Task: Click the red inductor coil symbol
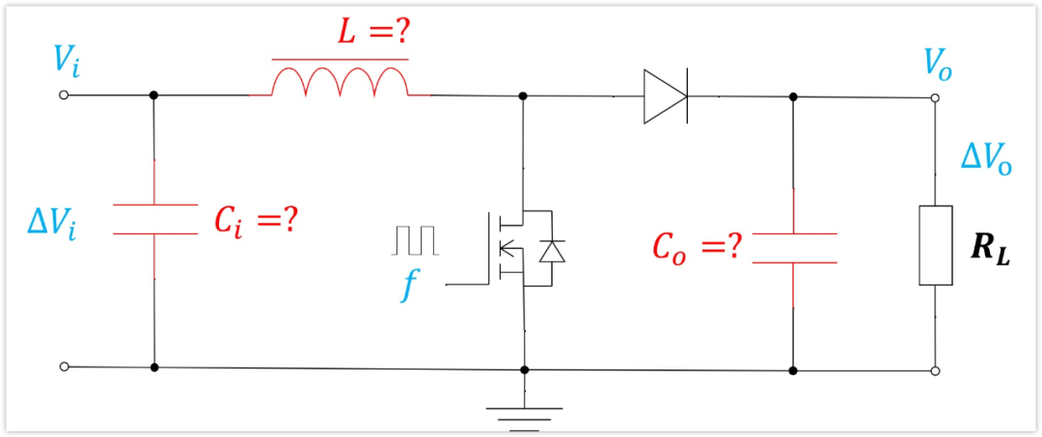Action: point(340,82)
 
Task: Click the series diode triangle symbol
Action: point(666,96)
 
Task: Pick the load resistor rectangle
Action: point(936,245)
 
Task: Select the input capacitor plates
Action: point(154,219)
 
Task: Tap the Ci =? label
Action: point(254,220)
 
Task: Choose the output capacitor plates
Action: point(793,248)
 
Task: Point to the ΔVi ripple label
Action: point(51,221)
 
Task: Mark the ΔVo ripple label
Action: point(986,160)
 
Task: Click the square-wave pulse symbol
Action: point(415,240)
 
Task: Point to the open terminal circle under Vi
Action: point(64,95)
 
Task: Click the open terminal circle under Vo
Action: point(935,98)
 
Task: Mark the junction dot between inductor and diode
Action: point(523,96)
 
